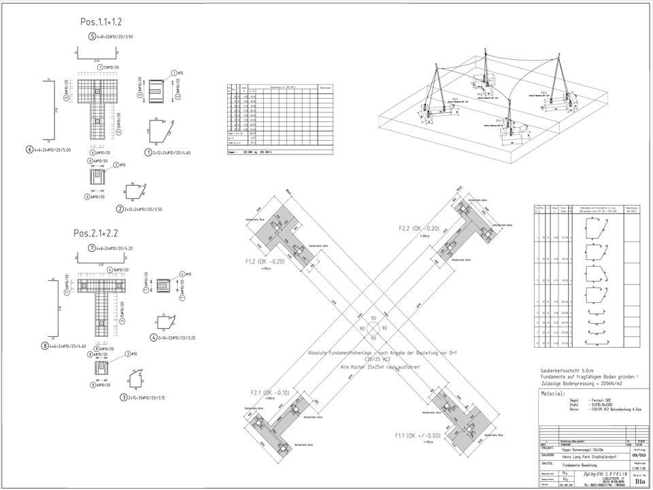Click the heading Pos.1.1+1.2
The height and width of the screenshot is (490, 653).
101,22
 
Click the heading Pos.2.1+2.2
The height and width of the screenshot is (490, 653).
96,233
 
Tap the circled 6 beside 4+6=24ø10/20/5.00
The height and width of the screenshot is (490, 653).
29,149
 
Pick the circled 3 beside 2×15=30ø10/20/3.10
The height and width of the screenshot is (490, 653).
123,397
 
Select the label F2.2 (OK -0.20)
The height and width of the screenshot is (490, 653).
419,229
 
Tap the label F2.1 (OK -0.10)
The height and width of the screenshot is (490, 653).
270,393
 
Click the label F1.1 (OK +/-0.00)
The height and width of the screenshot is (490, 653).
417,435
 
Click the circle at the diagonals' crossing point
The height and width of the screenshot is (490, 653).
372,328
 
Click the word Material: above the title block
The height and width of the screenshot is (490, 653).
553,393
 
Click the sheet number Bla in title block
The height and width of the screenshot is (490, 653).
639,480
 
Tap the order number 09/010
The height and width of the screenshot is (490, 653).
638,456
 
